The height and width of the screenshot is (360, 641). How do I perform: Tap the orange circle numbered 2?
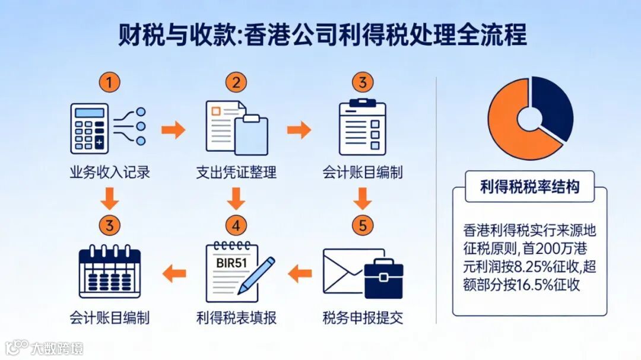tap(236, 83)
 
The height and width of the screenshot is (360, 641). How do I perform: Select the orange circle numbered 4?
tap(236, 225)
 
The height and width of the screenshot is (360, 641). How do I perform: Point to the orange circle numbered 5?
tap(363, 225)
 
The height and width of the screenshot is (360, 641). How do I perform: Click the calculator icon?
tap(90, 128)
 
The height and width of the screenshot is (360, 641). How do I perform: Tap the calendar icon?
tap(109, 272)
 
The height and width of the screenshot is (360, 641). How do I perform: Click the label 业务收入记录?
tap(109, 173)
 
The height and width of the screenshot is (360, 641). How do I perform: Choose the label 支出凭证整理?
tap(236, 173)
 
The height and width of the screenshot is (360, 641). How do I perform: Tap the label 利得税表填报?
tap(236, 317)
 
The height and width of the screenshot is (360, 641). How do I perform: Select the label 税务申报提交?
tap(363, 317)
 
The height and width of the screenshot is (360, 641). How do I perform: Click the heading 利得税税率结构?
tap(529, 187)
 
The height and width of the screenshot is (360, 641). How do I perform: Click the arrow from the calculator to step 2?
tap(173, 129)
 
